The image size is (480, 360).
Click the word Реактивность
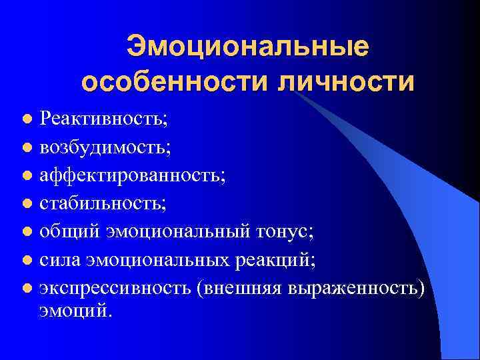pyautogui.click(x=103, y=119)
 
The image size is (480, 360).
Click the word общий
pyautogui.click(x=67, y=231)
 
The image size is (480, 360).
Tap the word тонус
pyautogui.click(x=284, y=231)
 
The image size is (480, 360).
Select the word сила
pyautogui.click(x=59, y=259)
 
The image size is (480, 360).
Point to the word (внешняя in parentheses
pyautogui.click(x=239, y=287)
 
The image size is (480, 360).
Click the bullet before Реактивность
pyautogui.click(x=27, y=120)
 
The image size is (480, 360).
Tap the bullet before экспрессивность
pyautogui.click(x=27, y=288)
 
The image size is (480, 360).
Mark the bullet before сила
pyautogui.click(x=27, y=260)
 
